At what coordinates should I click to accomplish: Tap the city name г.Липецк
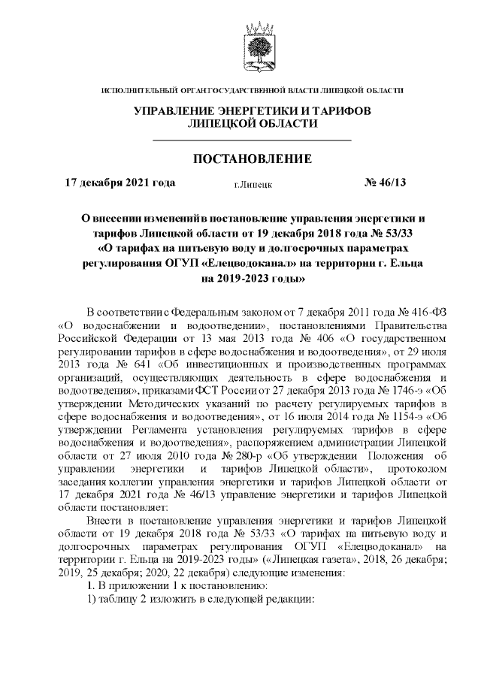[x=253, y=183]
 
